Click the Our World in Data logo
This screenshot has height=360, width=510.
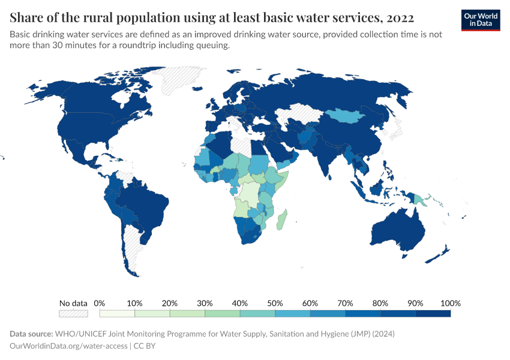click(x=481, y=20)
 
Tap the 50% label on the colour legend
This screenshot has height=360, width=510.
click(x=275, y=303)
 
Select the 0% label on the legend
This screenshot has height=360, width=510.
click(x=100, y=303)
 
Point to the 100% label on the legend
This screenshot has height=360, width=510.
click(x=450, y=303)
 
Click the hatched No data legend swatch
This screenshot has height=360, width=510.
click(x=73, y=313)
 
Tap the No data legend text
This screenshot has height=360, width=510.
click(x=73, y=303)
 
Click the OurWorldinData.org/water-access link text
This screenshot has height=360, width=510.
click(x=68, y=346)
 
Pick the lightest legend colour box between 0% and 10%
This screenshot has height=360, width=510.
click(x=117, y=313)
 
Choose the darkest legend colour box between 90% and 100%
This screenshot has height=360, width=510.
click(x=433, y=313)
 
